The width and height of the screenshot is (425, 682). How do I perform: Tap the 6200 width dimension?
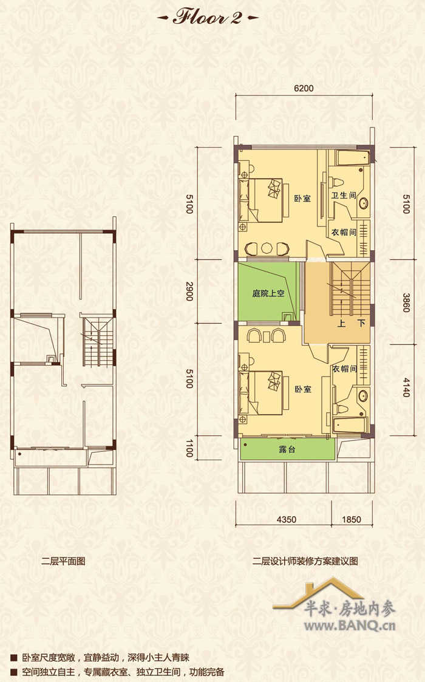click(x=304, y=88)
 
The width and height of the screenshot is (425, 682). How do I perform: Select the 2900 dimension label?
click(x=189, y=292)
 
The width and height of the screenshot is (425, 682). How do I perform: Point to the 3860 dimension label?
click(x=406, y=302)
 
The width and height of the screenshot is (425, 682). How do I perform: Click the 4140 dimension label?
click(x=406, y=387)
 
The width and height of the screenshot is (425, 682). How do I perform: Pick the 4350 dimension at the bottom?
click(x=286, y=519)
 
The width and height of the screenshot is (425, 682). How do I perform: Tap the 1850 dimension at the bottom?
click(x=352, y=519)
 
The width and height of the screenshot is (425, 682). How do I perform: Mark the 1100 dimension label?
click(x=189, y=448)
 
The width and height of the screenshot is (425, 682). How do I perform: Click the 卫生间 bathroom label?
click(x=344, y=196)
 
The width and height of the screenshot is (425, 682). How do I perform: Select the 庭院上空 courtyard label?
click(x=268, y=293)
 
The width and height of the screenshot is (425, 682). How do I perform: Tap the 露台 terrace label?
click(x=287, y=449)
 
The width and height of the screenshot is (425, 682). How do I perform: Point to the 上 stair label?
click(x=341, y=324)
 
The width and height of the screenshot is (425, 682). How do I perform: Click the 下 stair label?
click(x=361, y=324)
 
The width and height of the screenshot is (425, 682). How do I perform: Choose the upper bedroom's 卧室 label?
click(x=302, y=199)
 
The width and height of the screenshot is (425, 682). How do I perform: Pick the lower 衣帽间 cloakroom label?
click(x=344, y=369)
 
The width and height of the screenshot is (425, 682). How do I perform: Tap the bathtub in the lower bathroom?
click(x=350, y=425)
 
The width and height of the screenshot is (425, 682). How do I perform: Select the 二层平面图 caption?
click(x=64, y=561)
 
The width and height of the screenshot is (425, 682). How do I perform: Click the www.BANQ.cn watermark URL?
click(x=350, y=626)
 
